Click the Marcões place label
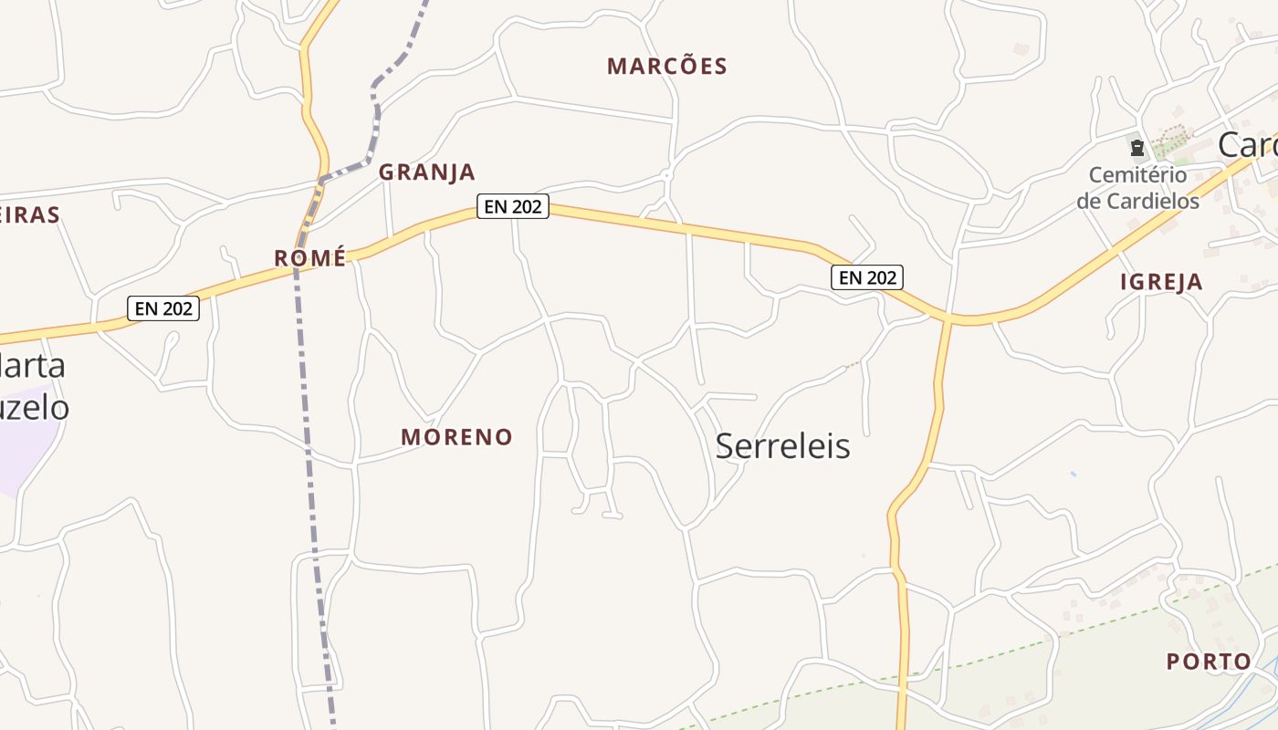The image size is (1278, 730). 666,66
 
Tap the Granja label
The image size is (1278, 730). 427,172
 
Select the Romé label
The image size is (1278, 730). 310,258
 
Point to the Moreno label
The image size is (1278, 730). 456,437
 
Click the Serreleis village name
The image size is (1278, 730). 782,446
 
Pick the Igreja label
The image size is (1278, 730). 1161,282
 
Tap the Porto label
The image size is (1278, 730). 1209,662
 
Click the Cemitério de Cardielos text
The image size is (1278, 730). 1137,188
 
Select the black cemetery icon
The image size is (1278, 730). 1137,147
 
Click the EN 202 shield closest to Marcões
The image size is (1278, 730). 513,207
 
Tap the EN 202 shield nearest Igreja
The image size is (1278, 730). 867,276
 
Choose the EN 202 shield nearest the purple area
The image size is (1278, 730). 163,308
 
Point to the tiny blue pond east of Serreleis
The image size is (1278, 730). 1073,474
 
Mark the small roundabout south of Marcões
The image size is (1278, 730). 667,174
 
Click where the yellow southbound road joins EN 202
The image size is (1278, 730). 948,319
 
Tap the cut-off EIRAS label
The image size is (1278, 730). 29,215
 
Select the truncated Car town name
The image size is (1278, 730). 1247,145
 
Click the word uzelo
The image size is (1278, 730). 35,407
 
